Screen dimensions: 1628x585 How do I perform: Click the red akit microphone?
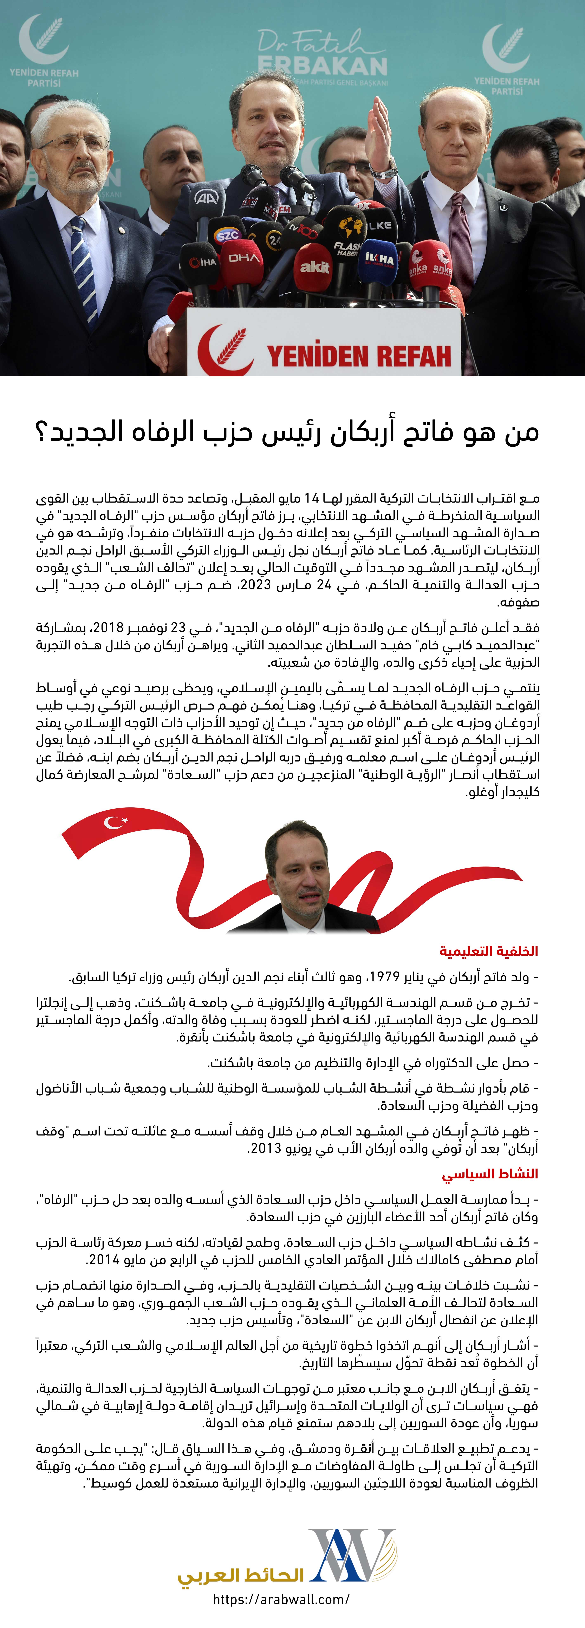(314, 266)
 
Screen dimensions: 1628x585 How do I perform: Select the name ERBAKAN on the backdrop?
(323, 66)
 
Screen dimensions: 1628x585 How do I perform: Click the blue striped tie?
(84, 272)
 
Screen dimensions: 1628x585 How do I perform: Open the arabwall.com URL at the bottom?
(281, 1600)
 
